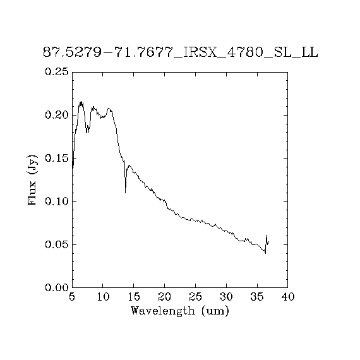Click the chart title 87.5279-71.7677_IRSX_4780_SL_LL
point(181,52)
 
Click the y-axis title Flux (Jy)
point(32,181)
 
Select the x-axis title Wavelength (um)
point(180,311)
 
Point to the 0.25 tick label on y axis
point(57,71)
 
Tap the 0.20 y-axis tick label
point(57,115)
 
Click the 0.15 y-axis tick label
point(57,158)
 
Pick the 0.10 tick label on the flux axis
point(57,201)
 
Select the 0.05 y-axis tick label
point(57,244)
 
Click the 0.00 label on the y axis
point(57,287)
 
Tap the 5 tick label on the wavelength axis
point(72,297)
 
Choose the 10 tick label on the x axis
point(103,297)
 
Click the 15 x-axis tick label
point(134,297)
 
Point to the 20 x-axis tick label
point(165,297)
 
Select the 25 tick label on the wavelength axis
point(195,297)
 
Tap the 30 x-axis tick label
point(226,297)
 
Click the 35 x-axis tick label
point(257,297)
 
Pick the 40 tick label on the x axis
point(288,297)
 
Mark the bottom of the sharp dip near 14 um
point(125,193)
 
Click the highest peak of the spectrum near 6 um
point(81,102)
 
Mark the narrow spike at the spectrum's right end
point(267,236)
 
